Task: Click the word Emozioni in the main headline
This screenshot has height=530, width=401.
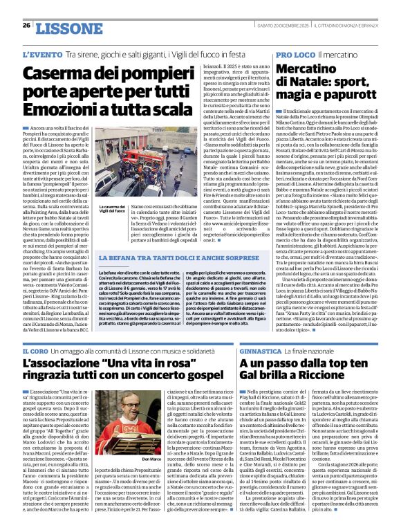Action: [x=56, y=111]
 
